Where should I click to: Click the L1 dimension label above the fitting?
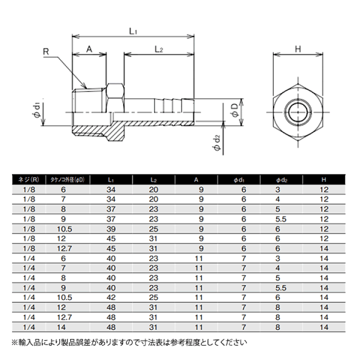[x=133, y=31]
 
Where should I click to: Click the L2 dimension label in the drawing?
[x=158, y=49]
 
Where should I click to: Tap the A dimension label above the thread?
[x=89, y=49]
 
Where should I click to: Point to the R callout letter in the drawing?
[x=46, y=51]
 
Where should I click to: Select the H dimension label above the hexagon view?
[x=297, y=49]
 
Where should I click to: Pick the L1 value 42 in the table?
[x=111, y=296]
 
